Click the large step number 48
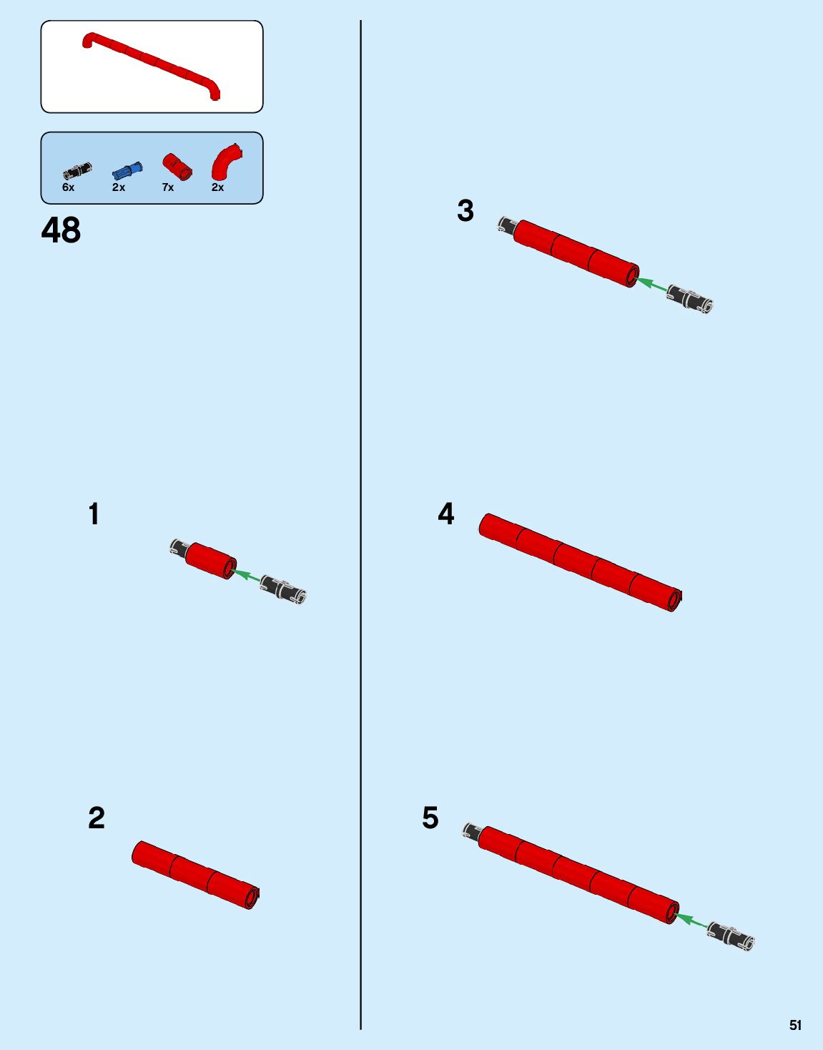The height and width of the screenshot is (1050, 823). point(61,230)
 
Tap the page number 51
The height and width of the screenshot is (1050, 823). point(795,1025)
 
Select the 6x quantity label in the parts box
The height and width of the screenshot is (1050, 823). point(68,187)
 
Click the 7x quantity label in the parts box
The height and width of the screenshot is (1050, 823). point(168,187)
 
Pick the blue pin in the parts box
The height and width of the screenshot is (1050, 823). point(127,170)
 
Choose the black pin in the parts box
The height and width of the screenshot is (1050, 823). point(77,170)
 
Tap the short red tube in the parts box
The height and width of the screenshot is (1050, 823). point(177,166)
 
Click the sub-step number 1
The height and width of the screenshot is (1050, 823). point(94,514)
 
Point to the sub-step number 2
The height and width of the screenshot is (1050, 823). point(97,818)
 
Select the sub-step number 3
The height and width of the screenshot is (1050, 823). point(465,211)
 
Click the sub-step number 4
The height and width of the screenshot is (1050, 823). point(446,514)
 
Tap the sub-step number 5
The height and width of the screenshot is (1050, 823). point(430,818)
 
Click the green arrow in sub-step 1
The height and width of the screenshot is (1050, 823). point(247,574)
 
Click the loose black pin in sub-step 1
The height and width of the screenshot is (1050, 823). point(283,589)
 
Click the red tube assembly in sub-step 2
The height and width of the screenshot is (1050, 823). point(195,874)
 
